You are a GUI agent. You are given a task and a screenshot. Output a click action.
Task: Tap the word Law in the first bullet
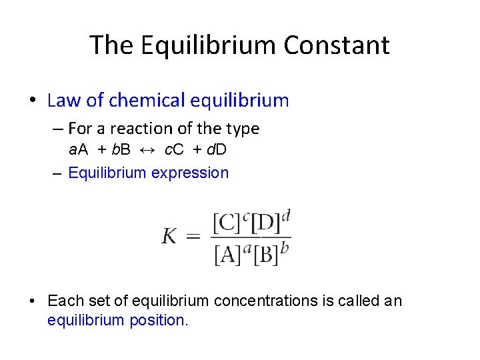pyautogui.click(x=64, y=101)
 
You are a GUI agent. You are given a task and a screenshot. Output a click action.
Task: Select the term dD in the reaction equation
pyautogui.click(x=217, y=149)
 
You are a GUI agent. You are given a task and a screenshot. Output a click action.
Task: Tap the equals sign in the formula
pyautogui.click(x=193, y=236)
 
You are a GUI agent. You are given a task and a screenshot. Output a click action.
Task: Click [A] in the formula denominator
pyautogui.click(x=228, y=255)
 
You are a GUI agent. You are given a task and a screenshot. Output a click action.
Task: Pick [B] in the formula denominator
pyautogui.click(x=265, y=255)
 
